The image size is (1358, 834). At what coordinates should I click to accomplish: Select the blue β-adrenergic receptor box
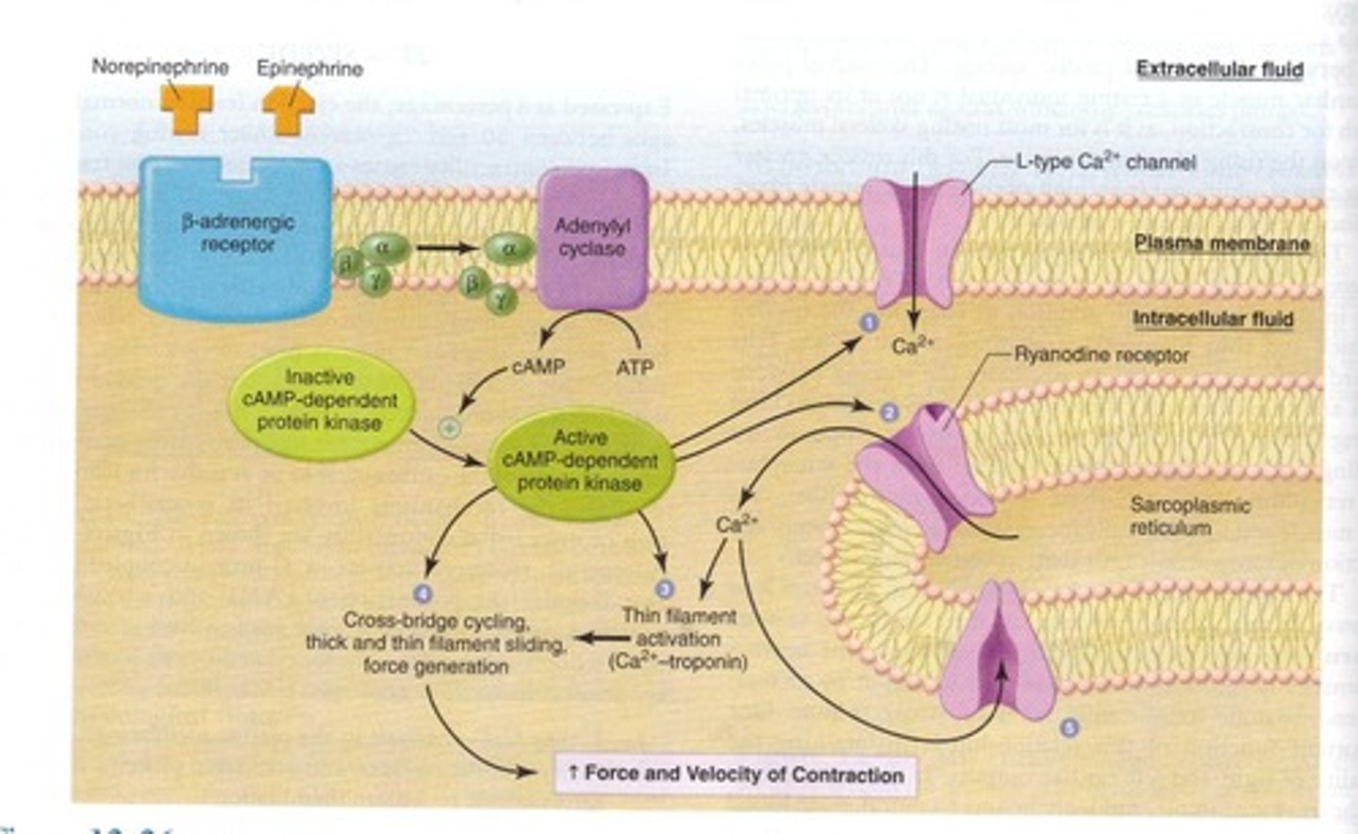pyautogui.click(x=236, y=233)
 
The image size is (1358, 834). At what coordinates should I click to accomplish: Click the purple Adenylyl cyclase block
pyautogui.click(x=592, y=238)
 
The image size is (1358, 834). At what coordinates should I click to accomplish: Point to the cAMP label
pyautogui.click(x=538, y=366)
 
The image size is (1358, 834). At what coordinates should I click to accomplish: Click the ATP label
pyautogui.click(x=635, y=367)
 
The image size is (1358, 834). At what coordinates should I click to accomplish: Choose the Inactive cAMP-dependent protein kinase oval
pyautogui.click(x=320, y=400)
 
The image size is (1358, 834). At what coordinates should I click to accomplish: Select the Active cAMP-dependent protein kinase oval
pyautogui.click(x=580, y=460)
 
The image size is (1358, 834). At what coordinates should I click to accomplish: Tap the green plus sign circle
pyautogui.click(x=450, y=427)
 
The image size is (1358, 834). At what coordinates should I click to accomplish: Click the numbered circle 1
pyautogui.click(x=869, y=323)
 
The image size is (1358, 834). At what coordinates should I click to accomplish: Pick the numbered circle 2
pyautogui.click(x=887, y=411)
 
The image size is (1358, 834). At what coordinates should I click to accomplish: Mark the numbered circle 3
pyautogui.click(x=664, y=589)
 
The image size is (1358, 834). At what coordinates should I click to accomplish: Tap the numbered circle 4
pyautogui.click(x=422, y=592)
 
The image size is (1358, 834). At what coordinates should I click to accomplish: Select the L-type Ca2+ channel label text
pyautogui.click(x=1104, y=162)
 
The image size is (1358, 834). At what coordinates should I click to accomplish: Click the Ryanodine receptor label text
pyautogui.click(x=1101, y=356)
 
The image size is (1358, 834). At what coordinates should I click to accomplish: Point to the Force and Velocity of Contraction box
pyautogui.click(x=735, y=775)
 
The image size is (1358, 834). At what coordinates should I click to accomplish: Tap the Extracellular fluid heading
pyautogui.click(x=1218, y=69)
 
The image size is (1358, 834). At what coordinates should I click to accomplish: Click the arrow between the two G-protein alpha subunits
pyautogui.click(x=444, y=249)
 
